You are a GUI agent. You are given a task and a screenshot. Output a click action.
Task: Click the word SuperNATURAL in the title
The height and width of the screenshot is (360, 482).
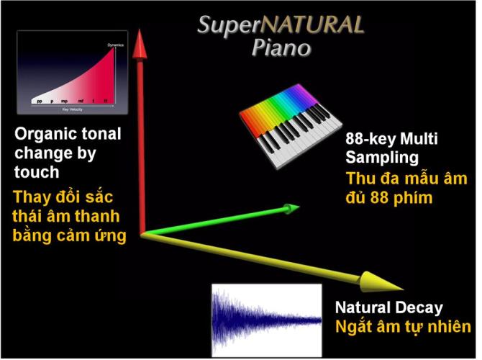281,25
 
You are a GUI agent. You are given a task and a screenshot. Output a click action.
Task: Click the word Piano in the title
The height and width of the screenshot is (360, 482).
281,48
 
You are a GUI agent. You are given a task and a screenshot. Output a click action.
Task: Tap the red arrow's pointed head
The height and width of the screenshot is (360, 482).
142,36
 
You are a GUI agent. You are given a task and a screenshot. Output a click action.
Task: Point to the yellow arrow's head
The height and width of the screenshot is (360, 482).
381,281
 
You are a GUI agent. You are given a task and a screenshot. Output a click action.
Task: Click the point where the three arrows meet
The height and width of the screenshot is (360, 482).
142,233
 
